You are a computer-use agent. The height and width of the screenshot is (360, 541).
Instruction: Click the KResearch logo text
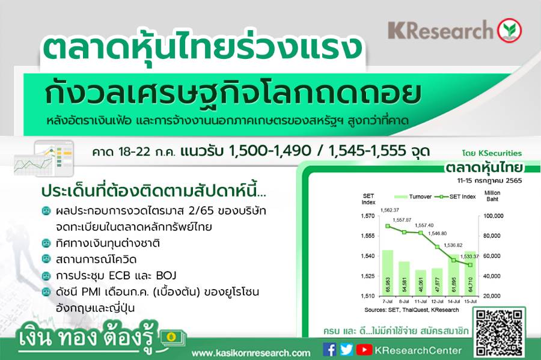(441, 30)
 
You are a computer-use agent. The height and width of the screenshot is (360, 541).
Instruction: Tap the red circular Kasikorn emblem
(509, 30)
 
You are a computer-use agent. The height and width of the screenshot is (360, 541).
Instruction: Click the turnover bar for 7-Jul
(388, 273)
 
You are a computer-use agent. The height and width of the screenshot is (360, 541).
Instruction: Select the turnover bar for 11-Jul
(421, 282)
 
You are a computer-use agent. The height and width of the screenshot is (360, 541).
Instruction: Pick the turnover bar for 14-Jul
(454, 275)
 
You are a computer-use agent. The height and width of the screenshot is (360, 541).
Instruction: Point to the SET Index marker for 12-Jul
(437, 247)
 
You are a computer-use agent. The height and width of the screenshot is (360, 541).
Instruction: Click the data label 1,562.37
(390, 210)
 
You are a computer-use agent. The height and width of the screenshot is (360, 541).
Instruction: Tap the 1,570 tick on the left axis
(367, 216)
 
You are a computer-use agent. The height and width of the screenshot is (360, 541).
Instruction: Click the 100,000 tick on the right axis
(494, 216)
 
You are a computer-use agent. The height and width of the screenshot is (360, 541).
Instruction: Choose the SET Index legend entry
(455, 197)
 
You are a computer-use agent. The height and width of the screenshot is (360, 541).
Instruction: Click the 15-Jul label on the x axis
(470, 301)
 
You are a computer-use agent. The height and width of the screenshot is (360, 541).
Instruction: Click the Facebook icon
(329, 350)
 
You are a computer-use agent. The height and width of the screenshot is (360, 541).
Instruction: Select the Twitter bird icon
(346, 350)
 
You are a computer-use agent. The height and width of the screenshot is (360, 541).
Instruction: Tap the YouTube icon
(364, 350)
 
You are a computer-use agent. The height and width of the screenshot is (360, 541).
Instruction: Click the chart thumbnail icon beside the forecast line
(44, 158)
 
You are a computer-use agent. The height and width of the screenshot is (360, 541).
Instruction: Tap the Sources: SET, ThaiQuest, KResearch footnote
(412, 310)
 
